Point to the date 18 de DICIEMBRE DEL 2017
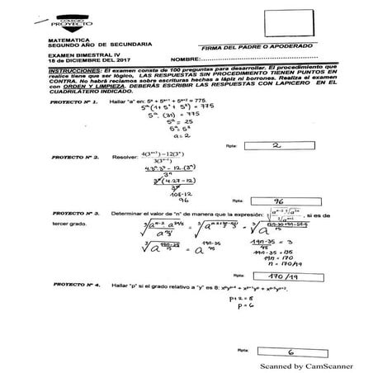pyautogui.click(x=84, y=59)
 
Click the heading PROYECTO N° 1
pyautogui.click(x=74, y=102)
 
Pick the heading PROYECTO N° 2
pyautogui.click(x=74, y=154)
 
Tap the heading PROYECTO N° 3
pyautogui.click(x=74, y=212)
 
